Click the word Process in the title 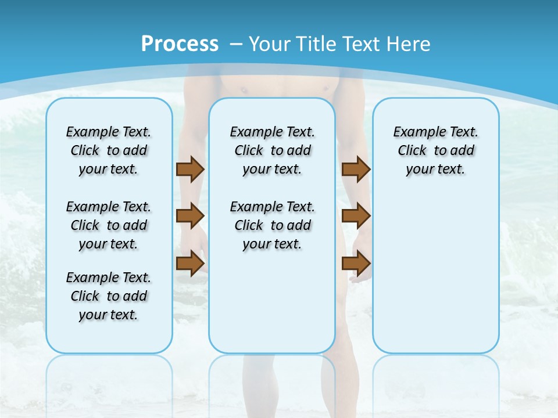[180, 44]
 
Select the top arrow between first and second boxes [190, 169]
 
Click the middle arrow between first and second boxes [190, 216]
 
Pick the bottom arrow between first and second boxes [190, 263]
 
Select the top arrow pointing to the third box [356, 169]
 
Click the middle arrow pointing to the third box [356, 216]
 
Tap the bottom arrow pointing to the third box [356, 263]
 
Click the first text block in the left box [109, 150]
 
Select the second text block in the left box [109, 225]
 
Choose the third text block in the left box [109, 296]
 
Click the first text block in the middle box [272, 150]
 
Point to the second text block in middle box [272, 225]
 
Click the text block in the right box [435, 150]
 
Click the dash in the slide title [236, 44]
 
